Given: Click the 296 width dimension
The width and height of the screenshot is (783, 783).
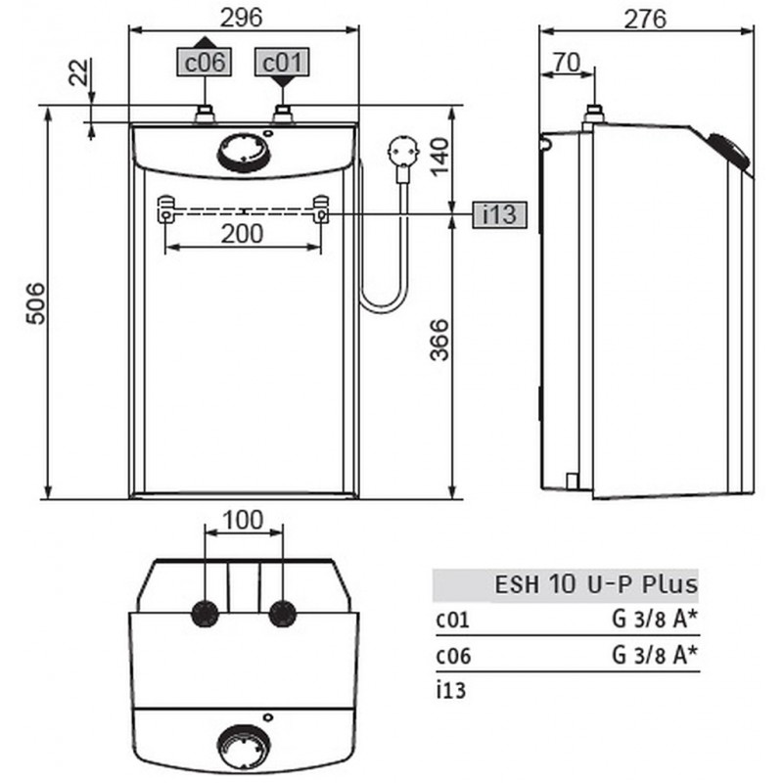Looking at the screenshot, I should click(244, 18).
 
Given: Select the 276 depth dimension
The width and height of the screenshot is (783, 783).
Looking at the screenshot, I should click(646, 18).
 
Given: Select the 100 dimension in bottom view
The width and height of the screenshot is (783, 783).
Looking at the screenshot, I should click(243, 521).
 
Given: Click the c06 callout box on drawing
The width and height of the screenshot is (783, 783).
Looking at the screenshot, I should click(206, 63).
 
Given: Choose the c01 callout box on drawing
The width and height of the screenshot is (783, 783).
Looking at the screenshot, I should click(282, 63).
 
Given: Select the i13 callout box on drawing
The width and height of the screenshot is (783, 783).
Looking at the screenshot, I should click(499, 213).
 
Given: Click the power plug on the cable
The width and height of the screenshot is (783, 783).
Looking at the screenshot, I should click(401, 155).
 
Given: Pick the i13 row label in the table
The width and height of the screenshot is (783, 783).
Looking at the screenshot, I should click(451, 689).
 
